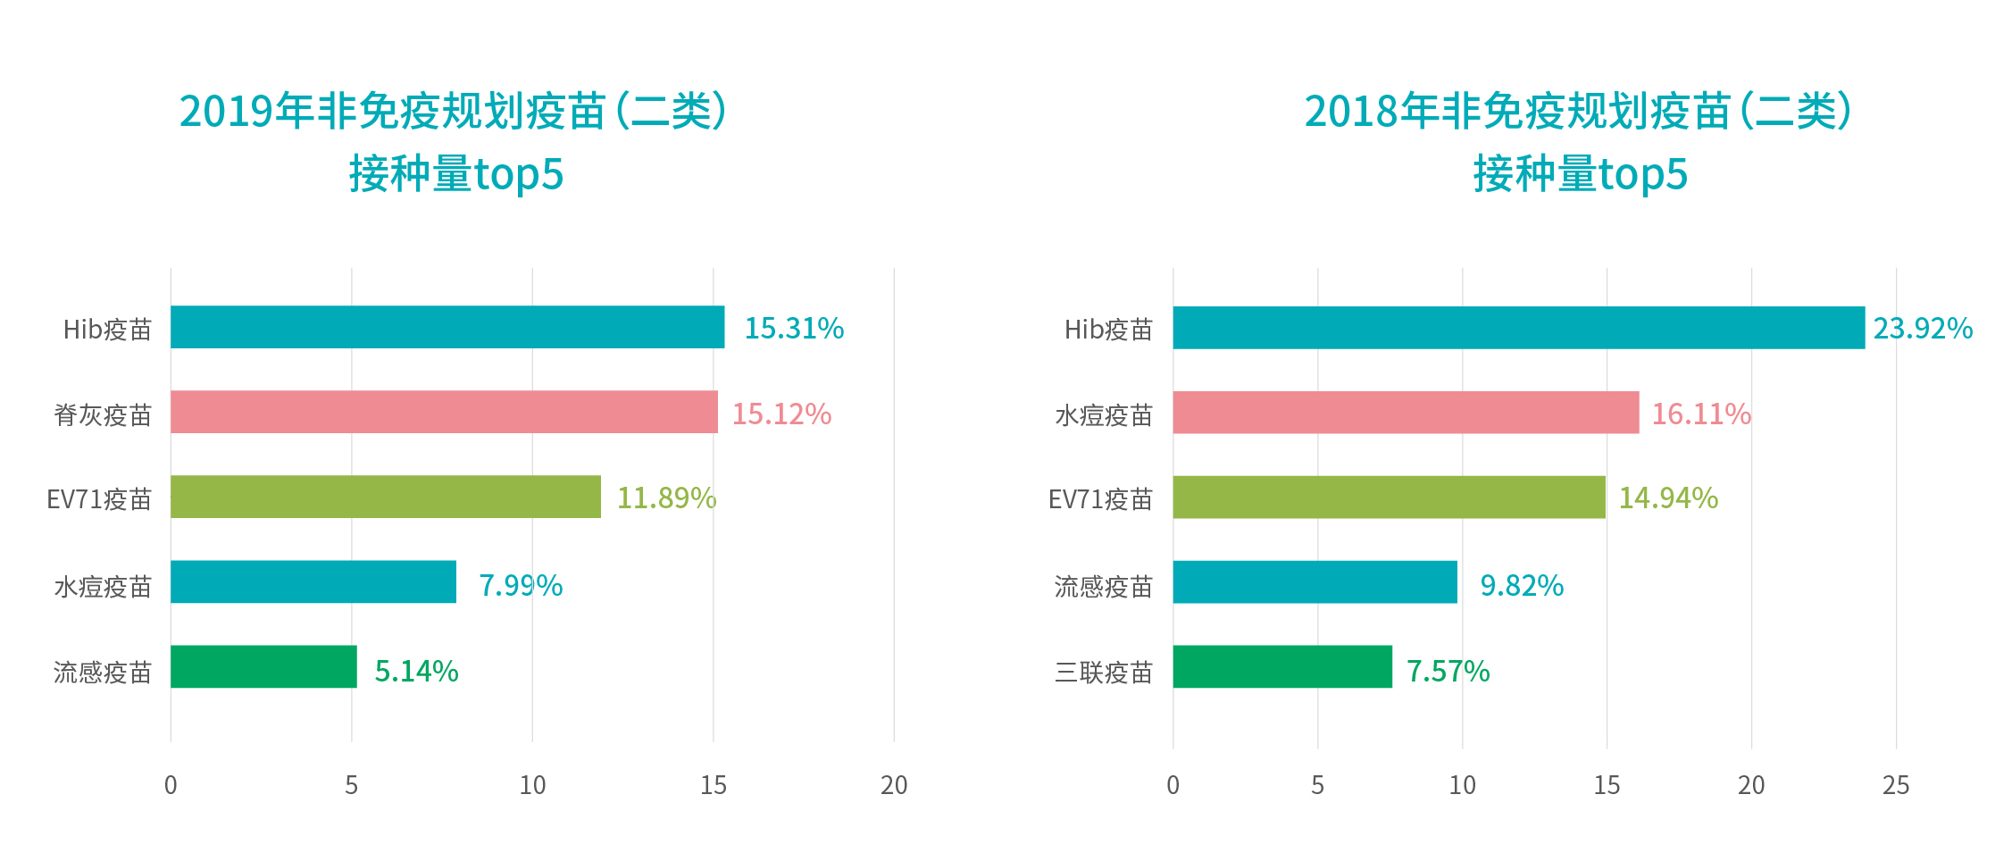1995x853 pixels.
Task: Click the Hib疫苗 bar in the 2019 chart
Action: pos(447,327)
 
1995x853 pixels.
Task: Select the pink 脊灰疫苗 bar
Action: pos(444,412)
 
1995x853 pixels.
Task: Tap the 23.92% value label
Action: pos(1922,329)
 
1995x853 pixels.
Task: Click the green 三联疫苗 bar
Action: pos(1281,666)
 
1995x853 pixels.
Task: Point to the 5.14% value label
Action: pos(416,671)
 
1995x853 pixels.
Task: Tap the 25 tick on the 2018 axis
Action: pos(1895,785)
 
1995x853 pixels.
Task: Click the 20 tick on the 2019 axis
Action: pos(893,785)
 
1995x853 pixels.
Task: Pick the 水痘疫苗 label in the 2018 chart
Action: pos(1104,415)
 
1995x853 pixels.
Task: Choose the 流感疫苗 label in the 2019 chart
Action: pos(103,672)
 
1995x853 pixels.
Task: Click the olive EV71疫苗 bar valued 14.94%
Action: pos(1388,497)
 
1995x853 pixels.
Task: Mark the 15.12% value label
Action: pos(781,414)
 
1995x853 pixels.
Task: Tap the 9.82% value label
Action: pos(1522,586)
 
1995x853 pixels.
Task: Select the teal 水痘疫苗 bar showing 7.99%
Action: pos(313,581)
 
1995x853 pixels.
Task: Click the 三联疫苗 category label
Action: pos(1104,672)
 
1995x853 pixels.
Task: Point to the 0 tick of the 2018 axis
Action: pos(1173,785)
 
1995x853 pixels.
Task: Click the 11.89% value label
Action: pos(666,498)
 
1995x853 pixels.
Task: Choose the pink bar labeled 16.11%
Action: pos(1405,412)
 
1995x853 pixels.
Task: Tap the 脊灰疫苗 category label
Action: pos(103,415)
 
